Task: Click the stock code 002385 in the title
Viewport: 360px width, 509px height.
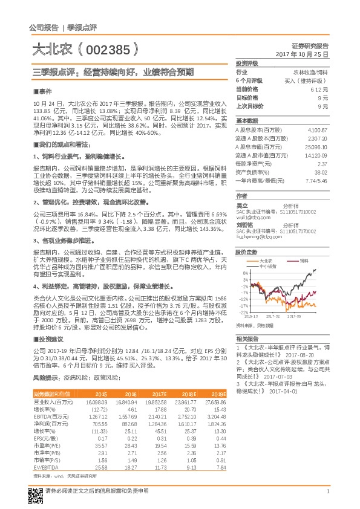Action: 110,48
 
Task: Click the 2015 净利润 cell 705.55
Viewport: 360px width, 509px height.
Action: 98,424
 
